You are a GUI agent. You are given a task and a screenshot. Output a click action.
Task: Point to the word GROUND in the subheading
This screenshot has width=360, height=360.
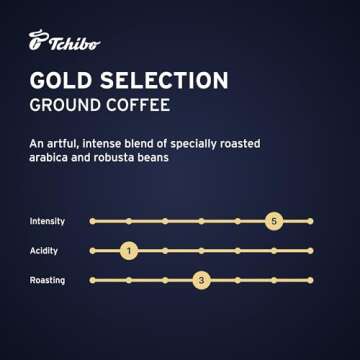tap(76, 107)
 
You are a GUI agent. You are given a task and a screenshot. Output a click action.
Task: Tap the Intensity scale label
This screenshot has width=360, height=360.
tap(48, 220)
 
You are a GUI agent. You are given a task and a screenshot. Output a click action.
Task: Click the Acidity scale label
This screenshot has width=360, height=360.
tap(45, 250)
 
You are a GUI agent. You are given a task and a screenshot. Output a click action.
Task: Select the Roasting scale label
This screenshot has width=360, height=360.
tap(48, 281)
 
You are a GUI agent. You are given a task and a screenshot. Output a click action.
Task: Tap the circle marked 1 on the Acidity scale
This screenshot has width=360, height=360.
tap(128, 250)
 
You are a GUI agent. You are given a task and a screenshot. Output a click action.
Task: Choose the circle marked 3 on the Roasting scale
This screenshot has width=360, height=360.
tap(201, 281)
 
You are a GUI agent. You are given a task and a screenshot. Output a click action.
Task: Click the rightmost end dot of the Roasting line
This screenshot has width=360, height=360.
tap(310, 281)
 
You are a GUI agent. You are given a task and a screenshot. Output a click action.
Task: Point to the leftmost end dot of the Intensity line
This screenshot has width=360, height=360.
tap(91, 220)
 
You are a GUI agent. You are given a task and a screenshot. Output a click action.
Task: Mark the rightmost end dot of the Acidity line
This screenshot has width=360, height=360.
tap(310, 250)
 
